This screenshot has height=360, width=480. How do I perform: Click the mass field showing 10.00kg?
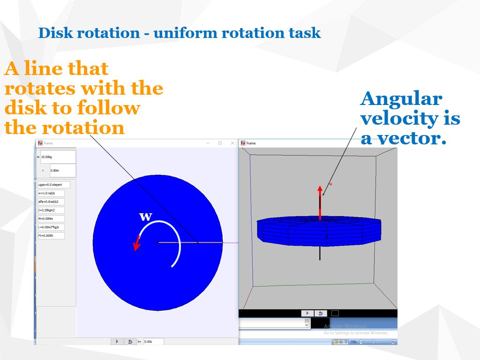[x=58, y=157]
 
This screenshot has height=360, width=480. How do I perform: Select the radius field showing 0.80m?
[x=62, y=171]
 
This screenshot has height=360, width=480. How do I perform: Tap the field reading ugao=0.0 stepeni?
[x=53, y=185]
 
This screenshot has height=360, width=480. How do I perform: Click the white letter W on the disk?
[x=146, y=217]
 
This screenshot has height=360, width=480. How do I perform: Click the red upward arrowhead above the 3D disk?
[x=320, y=189]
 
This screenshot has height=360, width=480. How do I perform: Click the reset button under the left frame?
[x=130, y=342]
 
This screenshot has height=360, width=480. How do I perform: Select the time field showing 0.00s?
[x=153, y=342]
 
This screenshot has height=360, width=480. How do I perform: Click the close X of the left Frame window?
[x=232, y=143]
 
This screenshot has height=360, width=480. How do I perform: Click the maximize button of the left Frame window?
[x=220, y=143]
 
